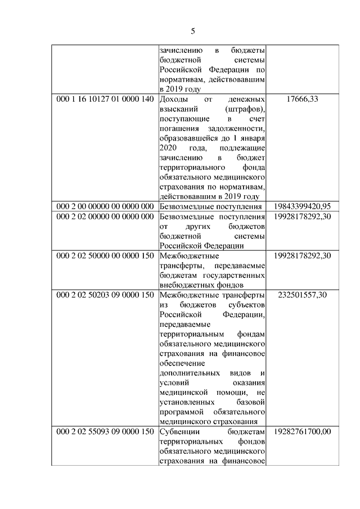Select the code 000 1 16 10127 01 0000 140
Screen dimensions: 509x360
[105, 100]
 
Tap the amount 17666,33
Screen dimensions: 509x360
[302, 100]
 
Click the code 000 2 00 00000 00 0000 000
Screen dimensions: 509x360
[105, 206]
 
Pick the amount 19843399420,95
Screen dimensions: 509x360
[302, 206]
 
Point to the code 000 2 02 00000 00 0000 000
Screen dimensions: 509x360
[105, 216]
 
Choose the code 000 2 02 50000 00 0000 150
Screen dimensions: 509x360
[105, 255]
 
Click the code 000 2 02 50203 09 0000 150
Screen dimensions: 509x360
[105, 295]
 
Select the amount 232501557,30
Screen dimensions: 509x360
[302, 295]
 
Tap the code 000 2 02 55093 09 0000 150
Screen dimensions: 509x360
[105, 432]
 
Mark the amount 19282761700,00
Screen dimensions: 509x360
[302, 432]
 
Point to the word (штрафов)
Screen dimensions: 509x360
[245, 109]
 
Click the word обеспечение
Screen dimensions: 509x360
[181, 363]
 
